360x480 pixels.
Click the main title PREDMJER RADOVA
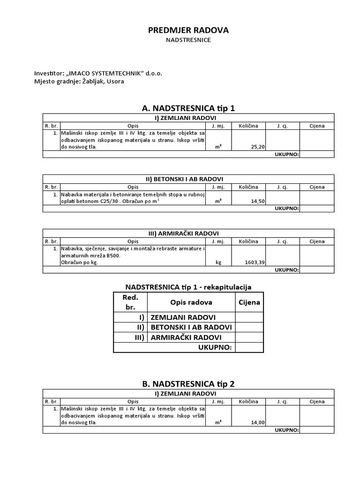pos(188,30)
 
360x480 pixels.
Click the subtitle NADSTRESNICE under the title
pos(188,40)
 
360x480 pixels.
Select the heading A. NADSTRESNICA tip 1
pos(188,108)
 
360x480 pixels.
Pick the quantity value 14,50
pos(258,201)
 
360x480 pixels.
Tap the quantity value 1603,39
pos(255,262)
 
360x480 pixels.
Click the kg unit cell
pos(218,262)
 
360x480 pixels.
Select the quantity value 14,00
pos(258,422)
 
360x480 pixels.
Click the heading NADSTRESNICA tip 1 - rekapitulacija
pos(188,286)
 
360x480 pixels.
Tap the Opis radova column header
pos(191,302)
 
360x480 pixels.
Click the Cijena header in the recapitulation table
pos(249,302)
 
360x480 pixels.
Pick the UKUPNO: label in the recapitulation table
pos(215,347)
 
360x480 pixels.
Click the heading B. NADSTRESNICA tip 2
pos(188,383)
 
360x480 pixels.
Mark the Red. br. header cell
pos(131,302)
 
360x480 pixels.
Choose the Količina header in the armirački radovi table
pos(248,241)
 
